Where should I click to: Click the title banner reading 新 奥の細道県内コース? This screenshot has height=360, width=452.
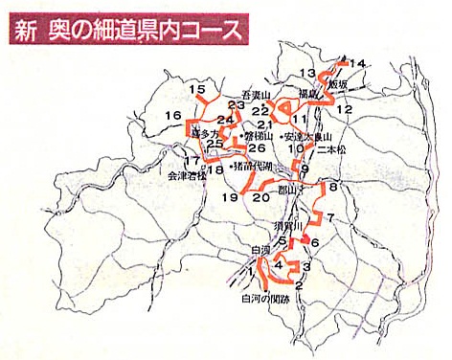(x=125, y=28)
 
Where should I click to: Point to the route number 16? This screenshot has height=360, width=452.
(x=173, y=117)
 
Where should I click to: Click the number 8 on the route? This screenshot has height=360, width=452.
(x=333, y=188)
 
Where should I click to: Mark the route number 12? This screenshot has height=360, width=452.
(x=345, y=110)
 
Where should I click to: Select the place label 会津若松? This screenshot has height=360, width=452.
(x=187, y=177)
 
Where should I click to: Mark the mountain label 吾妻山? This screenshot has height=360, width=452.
(x=257, y=96)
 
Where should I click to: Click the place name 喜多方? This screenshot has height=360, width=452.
(x=206, y=136)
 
